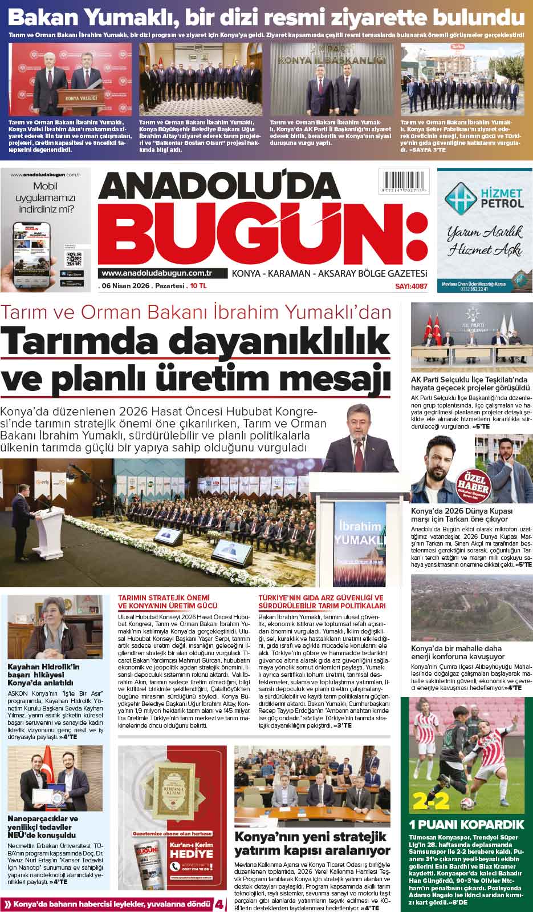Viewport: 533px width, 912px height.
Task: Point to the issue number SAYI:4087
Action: [x=410, y=286]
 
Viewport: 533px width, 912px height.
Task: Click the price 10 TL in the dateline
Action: [x=200, y=286]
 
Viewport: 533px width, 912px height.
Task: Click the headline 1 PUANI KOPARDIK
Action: [x=467, y=824]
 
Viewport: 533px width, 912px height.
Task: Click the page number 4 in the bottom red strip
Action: [x=219, y=905]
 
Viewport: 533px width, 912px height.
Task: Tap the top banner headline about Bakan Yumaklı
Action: [x=266, y=17]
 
